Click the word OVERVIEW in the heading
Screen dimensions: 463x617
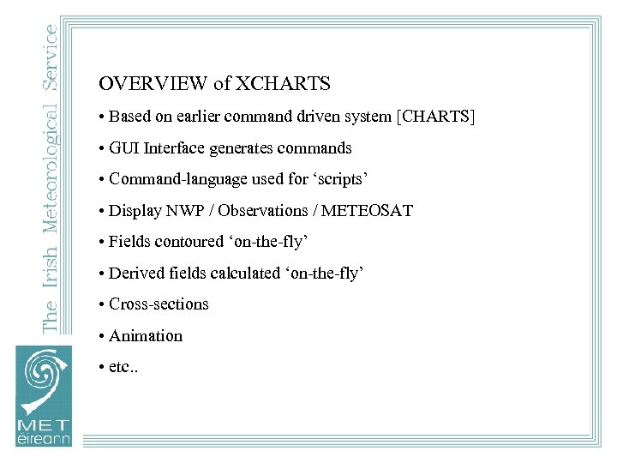[153, 84]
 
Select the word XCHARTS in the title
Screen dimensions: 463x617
[283, 84]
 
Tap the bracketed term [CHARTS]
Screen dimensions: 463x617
[434, 116]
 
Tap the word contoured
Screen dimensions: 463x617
[189, 242]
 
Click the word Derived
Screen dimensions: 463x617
[136, 274]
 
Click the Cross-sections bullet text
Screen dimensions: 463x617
[159, 304]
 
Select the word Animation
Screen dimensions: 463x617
[146, 336]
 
